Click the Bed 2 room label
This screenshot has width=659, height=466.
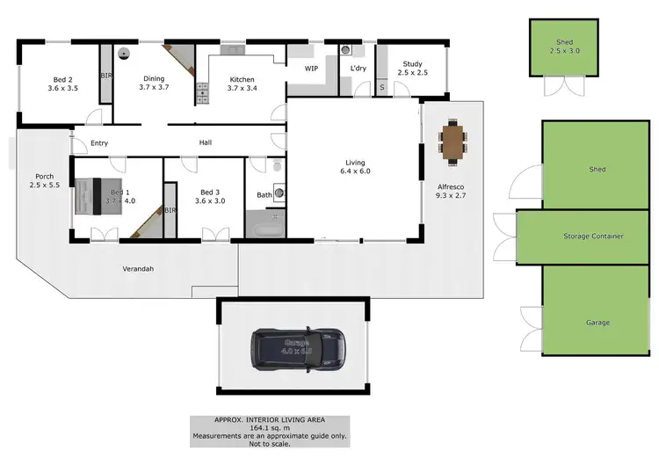pos(62,84)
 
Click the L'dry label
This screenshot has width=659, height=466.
pos(358,69)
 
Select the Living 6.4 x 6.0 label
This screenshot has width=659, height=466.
pos(354,167)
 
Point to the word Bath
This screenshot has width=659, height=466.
pos(264,195)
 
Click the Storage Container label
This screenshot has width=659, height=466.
pos(593,237)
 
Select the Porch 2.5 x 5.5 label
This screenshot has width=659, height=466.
pos(42,180)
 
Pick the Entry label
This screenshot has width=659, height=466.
pos(98,143)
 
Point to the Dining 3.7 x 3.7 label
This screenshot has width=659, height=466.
pos(155,84)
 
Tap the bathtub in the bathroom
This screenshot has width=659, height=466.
pos(264,228)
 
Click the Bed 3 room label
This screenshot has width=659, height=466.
pos(208,197)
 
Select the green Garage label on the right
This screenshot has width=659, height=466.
pos(597,322)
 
